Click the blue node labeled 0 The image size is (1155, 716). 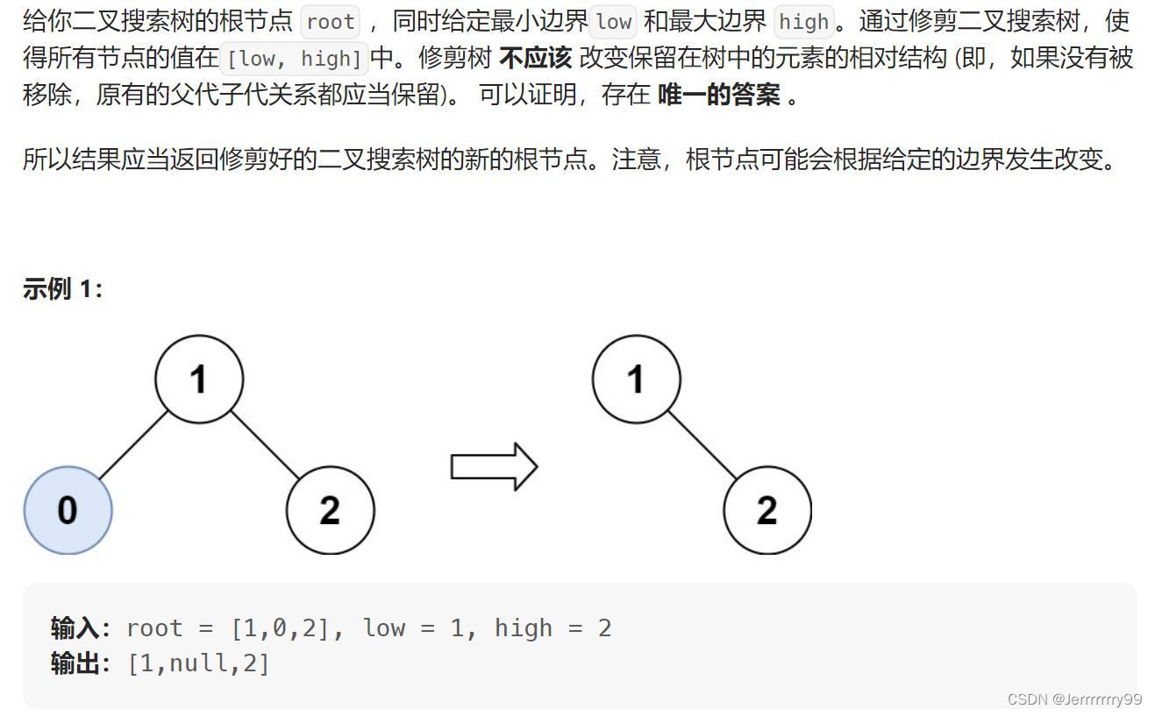[x=68, y=510]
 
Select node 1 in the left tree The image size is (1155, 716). [x=199, y=379]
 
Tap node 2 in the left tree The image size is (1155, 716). [x=330, y=510]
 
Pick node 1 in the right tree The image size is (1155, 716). [x=636, y=379]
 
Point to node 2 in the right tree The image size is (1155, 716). [x=766, y=510]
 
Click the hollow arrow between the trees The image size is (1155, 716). [x=493, y=466]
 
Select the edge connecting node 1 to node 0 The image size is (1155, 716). [x=133, y=445]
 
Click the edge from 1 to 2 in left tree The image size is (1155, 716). [x=265, y=445]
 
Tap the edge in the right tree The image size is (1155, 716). [x=702, y=445]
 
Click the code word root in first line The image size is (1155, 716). [x=331, y=22]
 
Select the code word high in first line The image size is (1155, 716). [x=803, y=22]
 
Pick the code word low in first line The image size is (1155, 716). [x=614, y=22]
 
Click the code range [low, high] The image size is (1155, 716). [x=295, y=59]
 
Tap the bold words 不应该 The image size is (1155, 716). [x=535, y=59]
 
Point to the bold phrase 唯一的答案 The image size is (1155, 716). [x=718, y=95]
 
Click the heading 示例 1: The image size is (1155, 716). [x=63, y=289]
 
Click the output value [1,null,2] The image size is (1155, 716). [x=198, y=663]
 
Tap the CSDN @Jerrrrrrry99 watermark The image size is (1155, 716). [x=1074, y=698]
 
